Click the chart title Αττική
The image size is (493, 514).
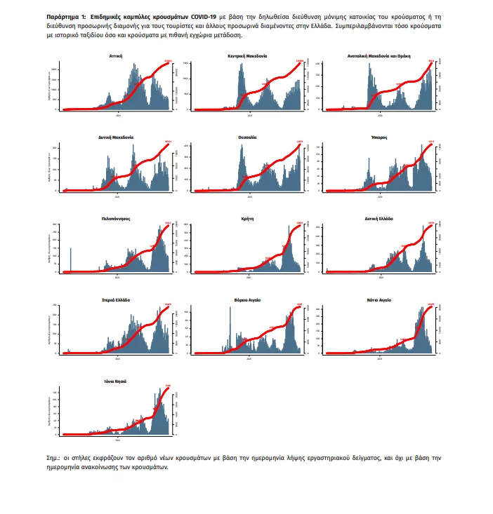tap(117, 55)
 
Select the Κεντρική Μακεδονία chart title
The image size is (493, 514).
tap(247, 55)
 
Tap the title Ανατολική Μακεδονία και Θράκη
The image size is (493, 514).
tap(379, 55)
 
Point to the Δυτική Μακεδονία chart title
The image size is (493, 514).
tap(117, 137)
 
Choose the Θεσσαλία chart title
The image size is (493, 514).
tap(247, 137)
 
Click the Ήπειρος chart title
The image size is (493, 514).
tap(379, 137)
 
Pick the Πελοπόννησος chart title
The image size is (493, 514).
tap(117, 219)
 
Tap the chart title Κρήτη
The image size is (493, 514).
tap(247, 219)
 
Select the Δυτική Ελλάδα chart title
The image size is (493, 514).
tap(379, 219)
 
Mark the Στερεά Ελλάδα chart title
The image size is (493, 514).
tap(117, 300)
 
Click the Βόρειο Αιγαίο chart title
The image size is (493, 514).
tap(247, 300)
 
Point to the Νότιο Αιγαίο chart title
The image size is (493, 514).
tap(379, 300)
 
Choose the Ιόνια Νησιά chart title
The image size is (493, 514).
tap(117, 381)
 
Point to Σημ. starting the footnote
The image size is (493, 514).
tap(51, 458)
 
